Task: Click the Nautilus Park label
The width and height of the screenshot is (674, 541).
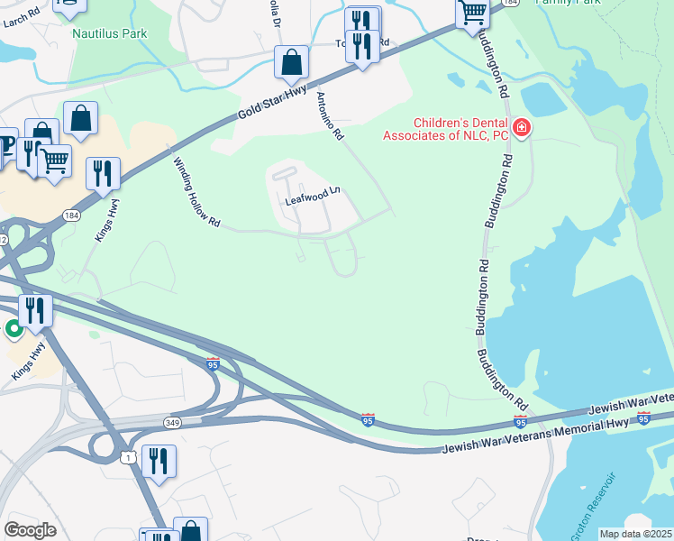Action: point(109,34)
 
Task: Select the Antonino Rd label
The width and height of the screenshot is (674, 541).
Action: point(329,115)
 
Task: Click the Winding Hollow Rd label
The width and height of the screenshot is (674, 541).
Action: point(196,191)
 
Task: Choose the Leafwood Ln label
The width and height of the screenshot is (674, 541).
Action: point(314,193)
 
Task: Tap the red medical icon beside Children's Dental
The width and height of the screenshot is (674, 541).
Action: point(521,129)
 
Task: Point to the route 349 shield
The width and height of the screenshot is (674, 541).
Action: point(174,422)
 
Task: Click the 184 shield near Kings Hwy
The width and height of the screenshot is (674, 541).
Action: point(71,215)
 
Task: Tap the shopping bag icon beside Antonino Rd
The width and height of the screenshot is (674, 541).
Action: point(292,62)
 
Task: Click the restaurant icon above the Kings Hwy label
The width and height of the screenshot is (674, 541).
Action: point(103,172)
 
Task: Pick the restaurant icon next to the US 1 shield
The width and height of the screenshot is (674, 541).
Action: point(159,461)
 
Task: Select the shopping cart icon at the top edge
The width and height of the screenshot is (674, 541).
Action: point(472,13)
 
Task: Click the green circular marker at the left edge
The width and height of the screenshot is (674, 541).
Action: point(14,329)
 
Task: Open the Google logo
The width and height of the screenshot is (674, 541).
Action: point(31,530)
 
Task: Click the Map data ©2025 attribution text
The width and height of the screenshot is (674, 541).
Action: point(635,534)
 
